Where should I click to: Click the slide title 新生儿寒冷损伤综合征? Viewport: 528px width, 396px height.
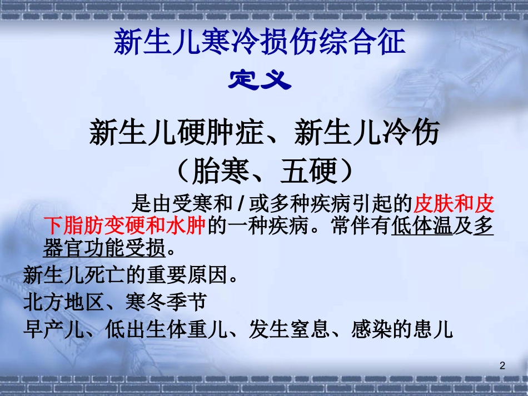pos(260,42)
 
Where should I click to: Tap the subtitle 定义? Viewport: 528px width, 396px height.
pos(260,81)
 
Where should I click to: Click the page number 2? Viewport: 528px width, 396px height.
pos(502,365)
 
